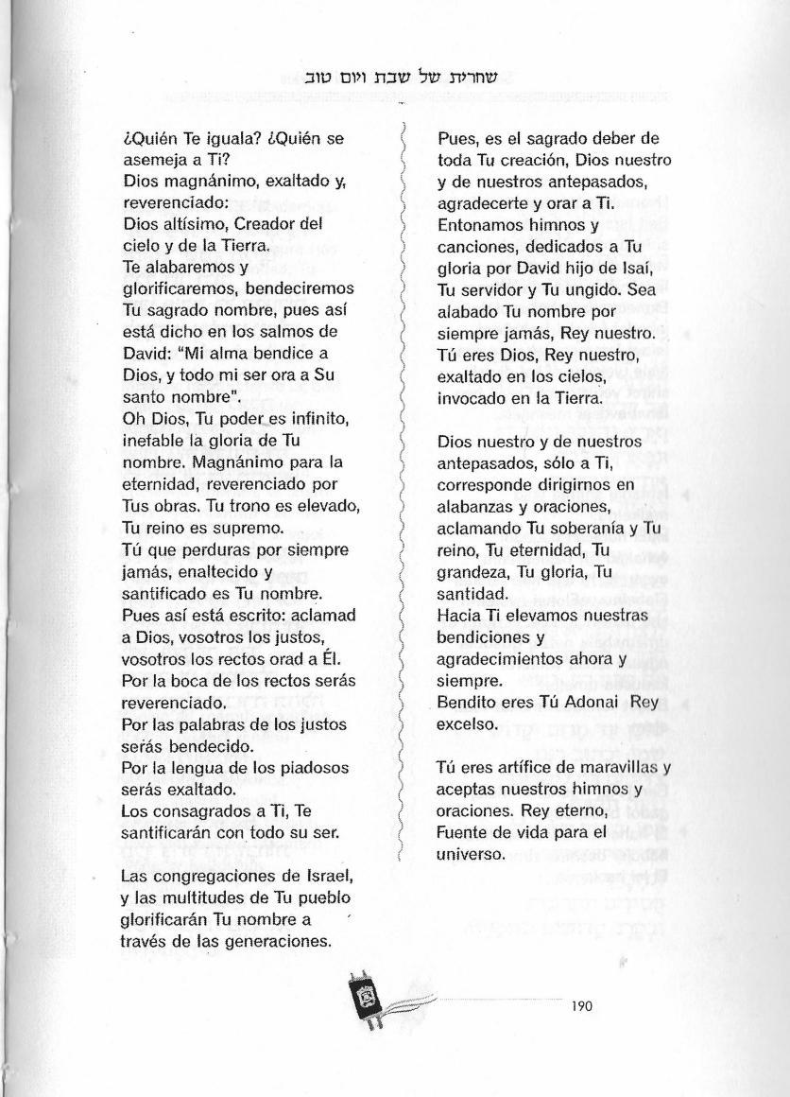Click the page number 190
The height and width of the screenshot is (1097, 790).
(x=581, y=1007)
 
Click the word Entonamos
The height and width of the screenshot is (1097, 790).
(x=479, y=226)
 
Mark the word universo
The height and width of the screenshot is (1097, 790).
(x=472, y=854)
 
